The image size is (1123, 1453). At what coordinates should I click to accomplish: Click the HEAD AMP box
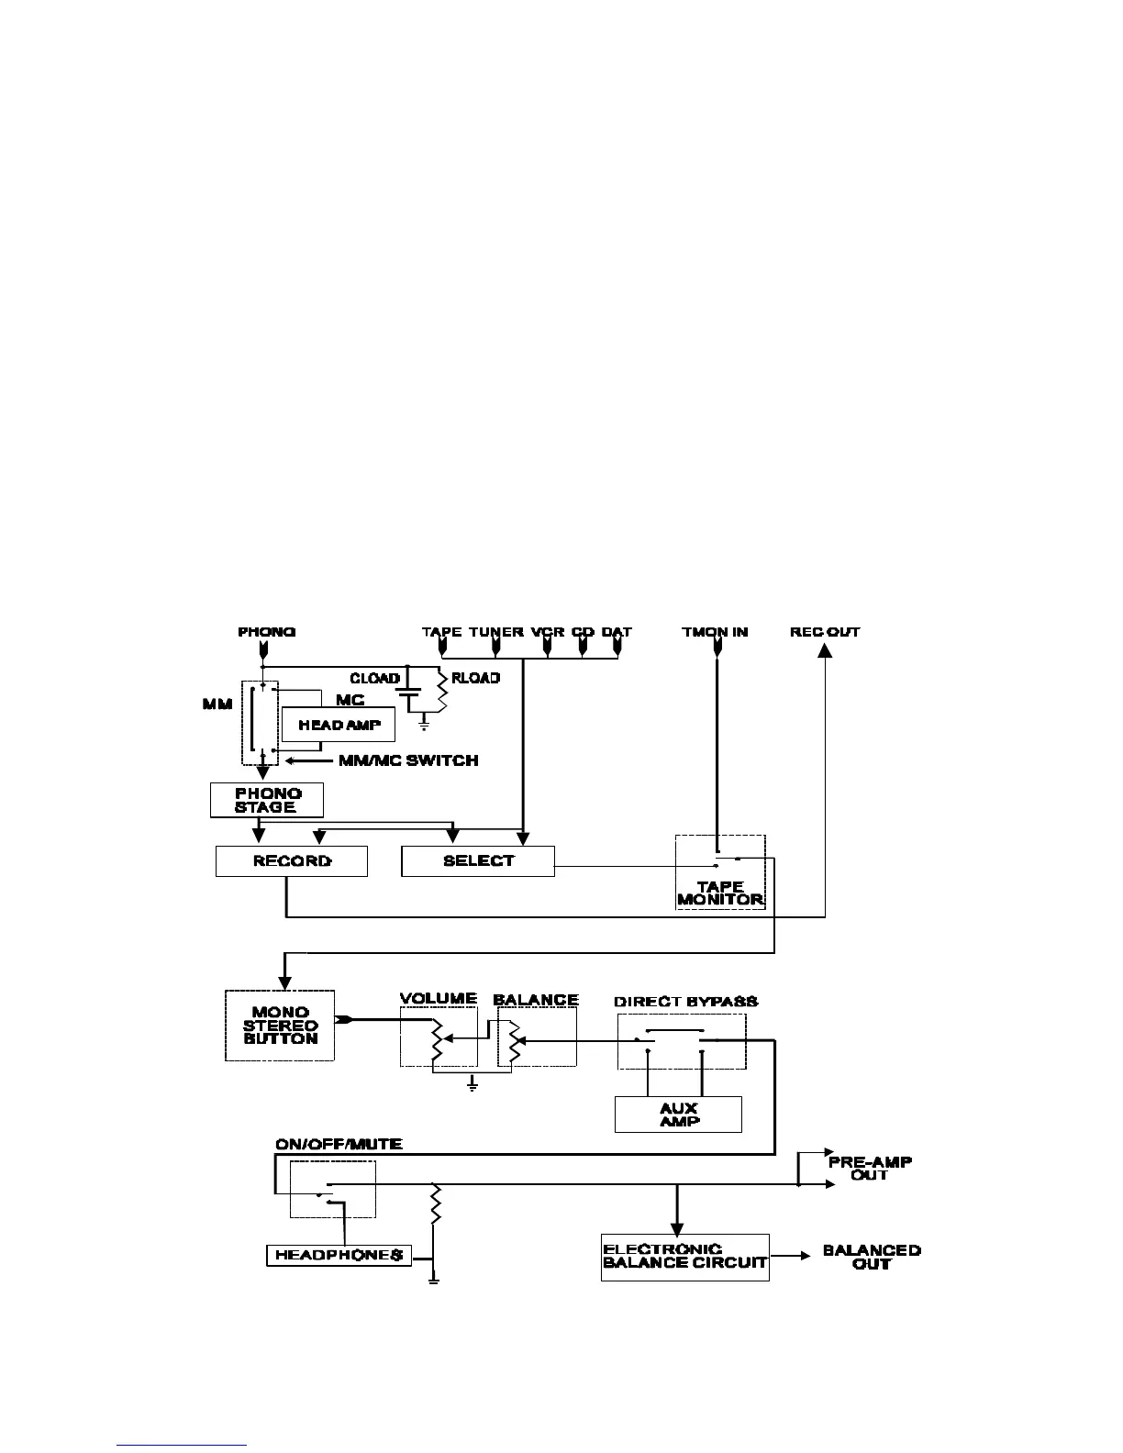tap(339, 725)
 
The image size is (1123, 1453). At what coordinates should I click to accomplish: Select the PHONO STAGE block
tap(266, 800)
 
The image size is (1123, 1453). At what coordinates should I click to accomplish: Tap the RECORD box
tap(292, 861)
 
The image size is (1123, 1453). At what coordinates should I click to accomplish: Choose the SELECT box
tap(478, 861)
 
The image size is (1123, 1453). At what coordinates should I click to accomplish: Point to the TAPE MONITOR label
tap(720, 893)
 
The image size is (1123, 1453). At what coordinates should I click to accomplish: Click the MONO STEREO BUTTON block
tap(280, 1026)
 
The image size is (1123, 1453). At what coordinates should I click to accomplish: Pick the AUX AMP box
tap(678, 1115)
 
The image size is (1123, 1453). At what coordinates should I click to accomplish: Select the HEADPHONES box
tap(339, 1256)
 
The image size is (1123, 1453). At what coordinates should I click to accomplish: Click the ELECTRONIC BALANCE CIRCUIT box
tap(684, 1257)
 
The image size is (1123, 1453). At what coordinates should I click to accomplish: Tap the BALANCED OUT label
tap(872, 1257)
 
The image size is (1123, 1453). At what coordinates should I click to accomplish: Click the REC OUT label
tap(825, 632)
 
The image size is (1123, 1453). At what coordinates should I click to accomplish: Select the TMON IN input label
tap(715, 632)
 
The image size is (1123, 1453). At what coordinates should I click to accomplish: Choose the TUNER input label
tap(496, 632)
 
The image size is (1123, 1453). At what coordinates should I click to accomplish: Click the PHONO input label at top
tap(267, 632)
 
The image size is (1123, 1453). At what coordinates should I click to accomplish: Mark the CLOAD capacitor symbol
tap(408, 699)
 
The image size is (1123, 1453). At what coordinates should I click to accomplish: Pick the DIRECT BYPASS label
tap(686, 1002)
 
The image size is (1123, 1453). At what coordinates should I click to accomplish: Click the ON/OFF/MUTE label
tap(339, 1145)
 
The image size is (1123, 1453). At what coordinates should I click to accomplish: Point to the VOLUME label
tap(439, 999)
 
